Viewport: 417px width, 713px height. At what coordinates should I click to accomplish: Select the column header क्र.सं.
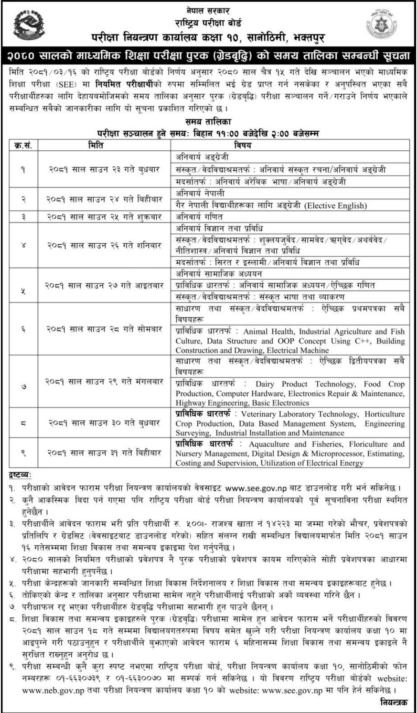[23, 145]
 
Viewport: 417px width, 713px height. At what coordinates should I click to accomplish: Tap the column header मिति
[95, 145]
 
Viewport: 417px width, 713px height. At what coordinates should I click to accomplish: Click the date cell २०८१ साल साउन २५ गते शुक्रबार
[104, 217]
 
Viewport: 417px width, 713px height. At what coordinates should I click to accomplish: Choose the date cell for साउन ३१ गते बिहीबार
[104, 453]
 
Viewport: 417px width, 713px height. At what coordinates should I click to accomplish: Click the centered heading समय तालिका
[208, 122]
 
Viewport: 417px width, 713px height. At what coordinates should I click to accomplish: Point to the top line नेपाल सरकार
[208, 10]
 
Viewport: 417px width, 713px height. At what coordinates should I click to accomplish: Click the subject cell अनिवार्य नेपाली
[200, 193]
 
